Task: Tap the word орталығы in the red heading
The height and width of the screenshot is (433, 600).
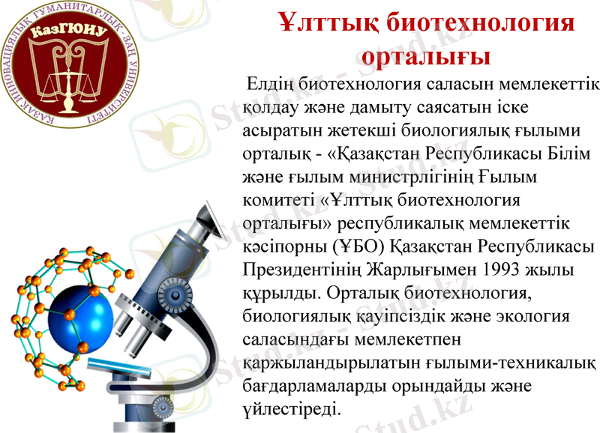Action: click(x=425, y=55)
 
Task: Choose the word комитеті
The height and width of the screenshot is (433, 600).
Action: click(x=277, y=202)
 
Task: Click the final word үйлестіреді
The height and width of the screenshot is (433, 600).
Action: click(x=292, y=408)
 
